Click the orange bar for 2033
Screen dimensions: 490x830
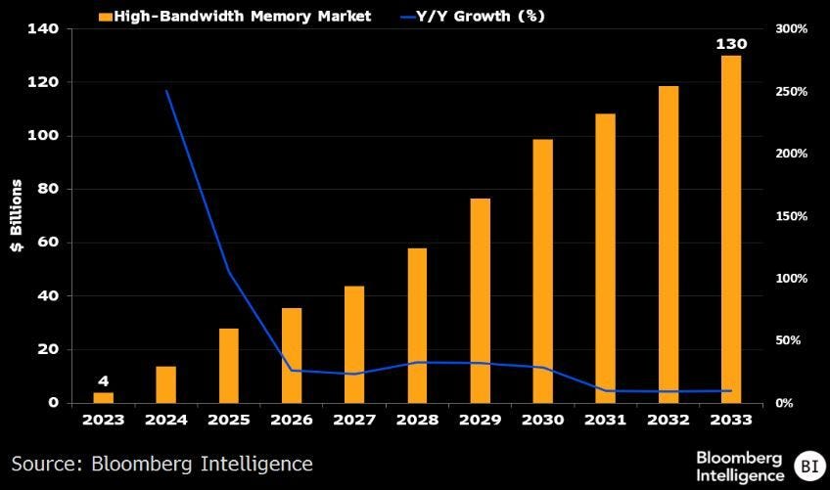pyautogui.click(x=731, y=229)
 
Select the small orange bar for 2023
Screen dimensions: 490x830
pyautogui.click(x=103, y=397)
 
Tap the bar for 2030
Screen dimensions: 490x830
pyautogui.click(x=542, y=271)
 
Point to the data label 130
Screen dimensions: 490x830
pyautogui.click(x=731, y=45)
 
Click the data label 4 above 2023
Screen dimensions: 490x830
pyautogui.click(x=103, y=381)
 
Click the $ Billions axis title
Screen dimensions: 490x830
pyautogui.click(x=17, y=215)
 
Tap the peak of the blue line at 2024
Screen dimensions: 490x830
pyautogui.click(x=165, y=91)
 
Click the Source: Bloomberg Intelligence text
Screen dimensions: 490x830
pyautogui.click(x=162, y=463)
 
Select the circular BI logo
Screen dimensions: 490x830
pyautogui.click(x=808, y=465)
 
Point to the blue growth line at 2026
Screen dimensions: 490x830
pyautogui.click(x=292, y=371)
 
